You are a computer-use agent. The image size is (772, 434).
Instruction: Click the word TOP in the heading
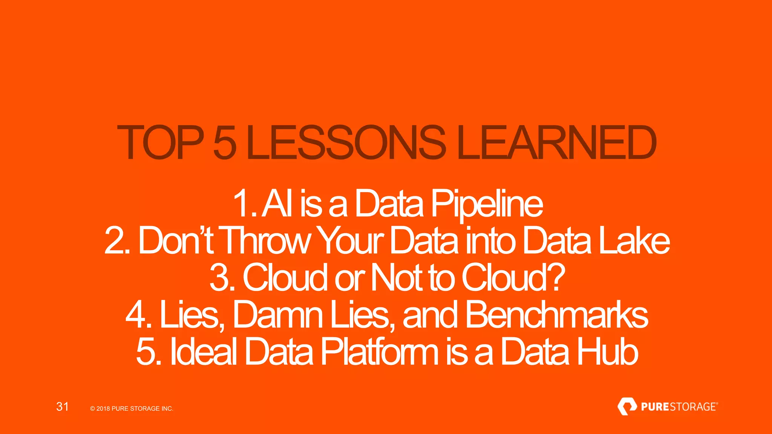coord(161,142)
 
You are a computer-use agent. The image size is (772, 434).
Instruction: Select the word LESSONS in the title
coord(346,142)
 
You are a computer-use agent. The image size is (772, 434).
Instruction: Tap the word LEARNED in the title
coord(556,142)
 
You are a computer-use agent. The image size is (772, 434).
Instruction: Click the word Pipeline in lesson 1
coord(487,204)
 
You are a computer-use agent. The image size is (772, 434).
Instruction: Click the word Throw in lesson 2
coord(266,241)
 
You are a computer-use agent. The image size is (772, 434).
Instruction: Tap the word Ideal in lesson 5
coord(204,351)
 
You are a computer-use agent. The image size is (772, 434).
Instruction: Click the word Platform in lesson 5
coord(380,351)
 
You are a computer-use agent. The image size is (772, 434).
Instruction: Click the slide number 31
coord(62,406)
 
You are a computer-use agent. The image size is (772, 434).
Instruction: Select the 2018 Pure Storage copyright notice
coord(132,408)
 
